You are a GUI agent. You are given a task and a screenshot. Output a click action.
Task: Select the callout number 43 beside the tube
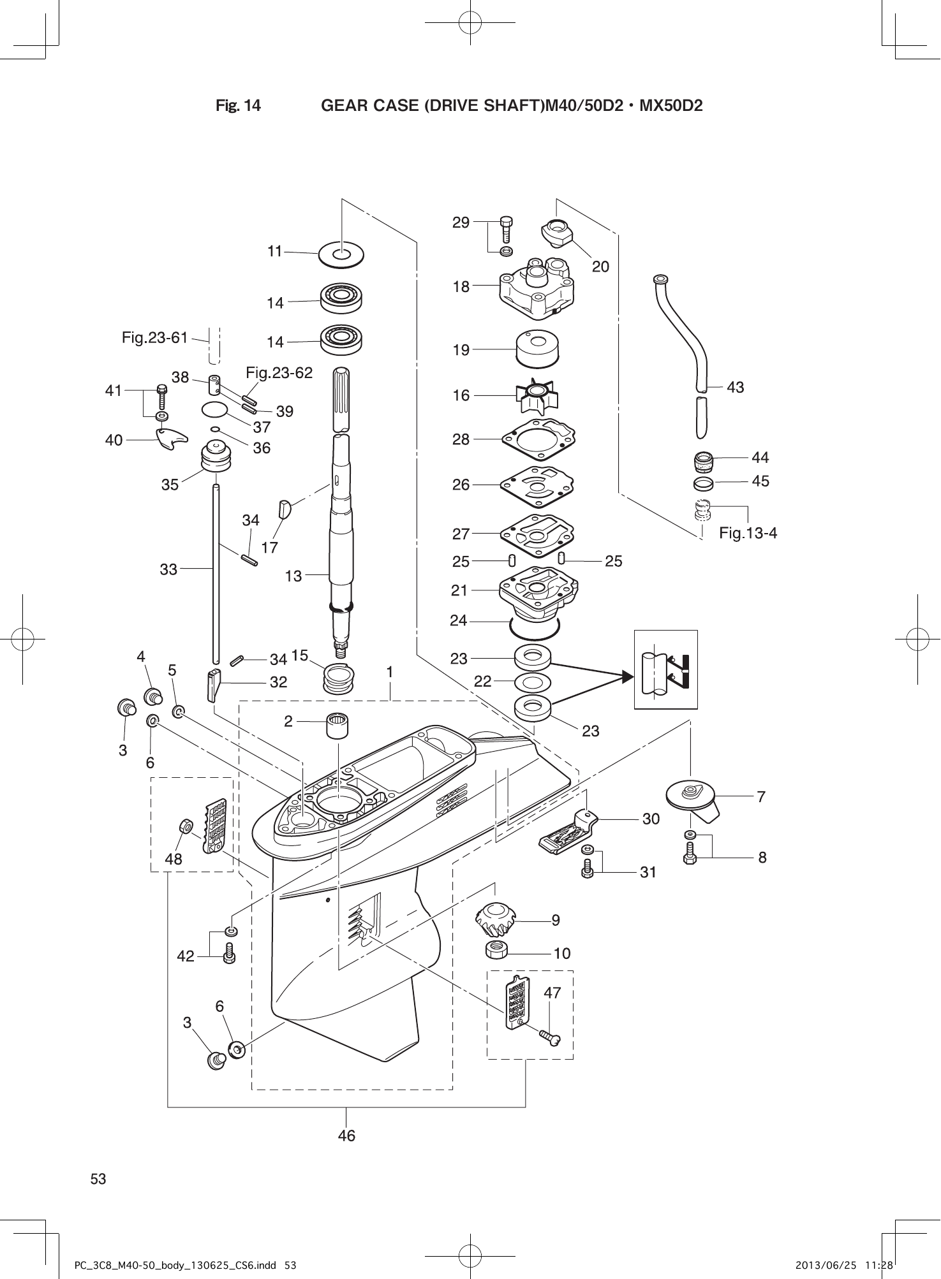coord(735,387)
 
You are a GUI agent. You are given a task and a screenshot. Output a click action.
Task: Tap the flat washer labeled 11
coord(341,253)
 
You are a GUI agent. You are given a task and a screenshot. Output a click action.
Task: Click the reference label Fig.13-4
coord(748,533)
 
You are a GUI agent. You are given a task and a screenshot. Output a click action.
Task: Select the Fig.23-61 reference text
coord(155,337)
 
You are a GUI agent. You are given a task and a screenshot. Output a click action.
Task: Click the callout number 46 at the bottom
coord(346,1136)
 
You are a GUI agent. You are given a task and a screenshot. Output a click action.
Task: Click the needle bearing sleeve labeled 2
coord(337,726)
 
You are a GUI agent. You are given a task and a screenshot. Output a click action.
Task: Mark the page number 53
coord(98,1179)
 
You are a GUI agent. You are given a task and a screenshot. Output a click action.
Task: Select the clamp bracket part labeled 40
coord(171,439)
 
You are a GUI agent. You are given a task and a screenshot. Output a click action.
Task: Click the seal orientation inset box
coord(665,669)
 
